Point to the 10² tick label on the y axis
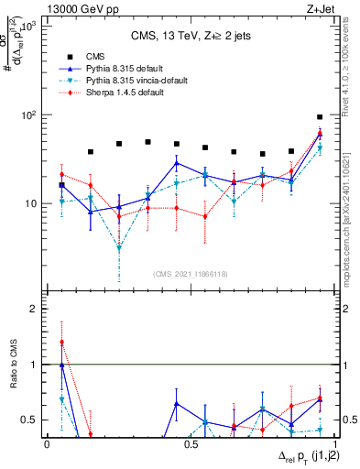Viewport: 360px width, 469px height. point(29,115)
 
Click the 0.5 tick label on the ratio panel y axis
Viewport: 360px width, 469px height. point(30,420)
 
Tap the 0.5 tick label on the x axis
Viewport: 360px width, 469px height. point(190,443)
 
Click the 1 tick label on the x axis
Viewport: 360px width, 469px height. point(333,443)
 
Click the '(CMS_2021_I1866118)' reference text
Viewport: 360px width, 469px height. point(190,274)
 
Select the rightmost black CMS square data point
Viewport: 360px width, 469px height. point(320,117)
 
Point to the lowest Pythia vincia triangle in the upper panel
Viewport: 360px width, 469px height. point(119,248)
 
